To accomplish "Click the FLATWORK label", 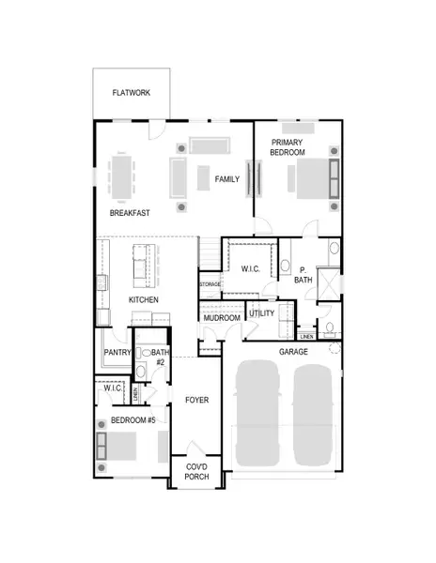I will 132,94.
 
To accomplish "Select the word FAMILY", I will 227,179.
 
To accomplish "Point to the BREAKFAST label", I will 131,213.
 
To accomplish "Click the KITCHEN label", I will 143,299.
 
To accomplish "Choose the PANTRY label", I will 117,353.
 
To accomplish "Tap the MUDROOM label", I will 222,318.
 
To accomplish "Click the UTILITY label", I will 262,312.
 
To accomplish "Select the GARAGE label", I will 293,351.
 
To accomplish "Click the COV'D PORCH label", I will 195,474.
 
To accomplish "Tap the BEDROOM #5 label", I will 133,420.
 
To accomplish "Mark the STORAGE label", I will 210,283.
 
